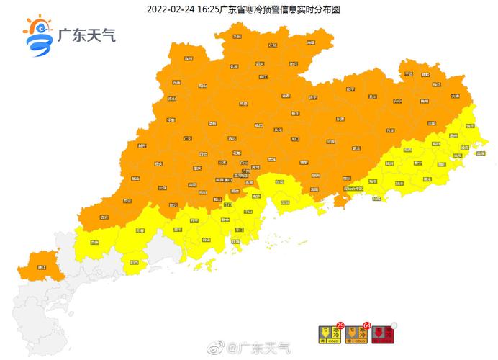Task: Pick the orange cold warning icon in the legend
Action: pyautogui.click(x=355, y=333)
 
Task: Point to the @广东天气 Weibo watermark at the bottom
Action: pyautogui.click(x=258, y=348)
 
